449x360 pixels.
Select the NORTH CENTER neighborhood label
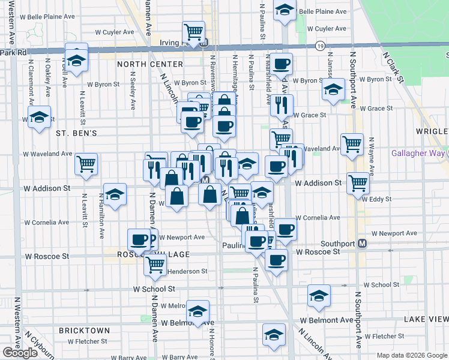tap(150, 64)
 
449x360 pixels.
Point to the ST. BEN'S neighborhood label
tap(76, 133)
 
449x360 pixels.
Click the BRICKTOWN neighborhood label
tap(85, 331)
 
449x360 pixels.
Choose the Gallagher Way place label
tap(418, 154)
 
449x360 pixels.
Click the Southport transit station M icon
tap(362, 244)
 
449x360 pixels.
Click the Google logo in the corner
tap(20, 353)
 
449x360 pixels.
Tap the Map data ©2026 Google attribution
tap(412, 355)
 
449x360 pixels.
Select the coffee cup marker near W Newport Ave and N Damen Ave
tap(140, 239)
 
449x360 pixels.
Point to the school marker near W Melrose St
tap(197, 311)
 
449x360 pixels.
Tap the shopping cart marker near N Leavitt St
tap(86, 163)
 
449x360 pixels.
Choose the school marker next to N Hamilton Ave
tap(115, 194)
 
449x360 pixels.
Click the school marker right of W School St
tap(319, 295)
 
